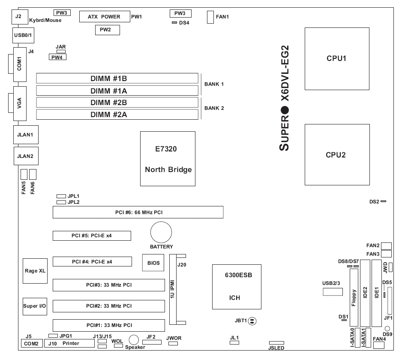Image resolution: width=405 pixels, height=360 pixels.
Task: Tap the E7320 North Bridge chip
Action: coord(168,159)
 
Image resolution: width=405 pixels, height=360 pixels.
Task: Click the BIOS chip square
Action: coord(153,263)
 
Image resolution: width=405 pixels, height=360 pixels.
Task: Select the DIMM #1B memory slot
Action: coord(117,78)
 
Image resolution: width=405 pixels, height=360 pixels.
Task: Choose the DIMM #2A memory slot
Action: coord(117,114)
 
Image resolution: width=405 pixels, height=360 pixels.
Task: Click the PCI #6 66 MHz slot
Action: coord(138,212)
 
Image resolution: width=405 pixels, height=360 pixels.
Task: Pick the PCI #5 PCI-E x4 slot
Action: coord(92,236)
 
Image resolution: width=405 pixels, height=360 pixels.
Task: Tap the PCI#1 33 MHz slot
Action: coord(109,325)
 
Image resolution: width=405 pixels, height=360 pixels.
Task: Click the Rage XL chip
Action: coord(32,271)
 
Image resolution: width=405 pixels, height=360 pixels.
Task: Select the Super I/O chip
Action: coord(32,306)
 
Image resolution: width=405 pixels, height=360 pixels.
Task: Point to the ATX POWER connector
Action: coord(105,17)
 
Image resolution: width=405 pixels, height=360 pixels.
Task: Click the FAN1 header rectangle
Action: coord(210,17)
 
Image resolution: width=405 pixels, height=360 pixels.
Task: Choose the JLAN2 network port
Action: coord(25,156)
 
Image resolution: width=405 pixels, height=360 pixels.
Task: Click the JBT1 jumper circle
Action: coord(252,321)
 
